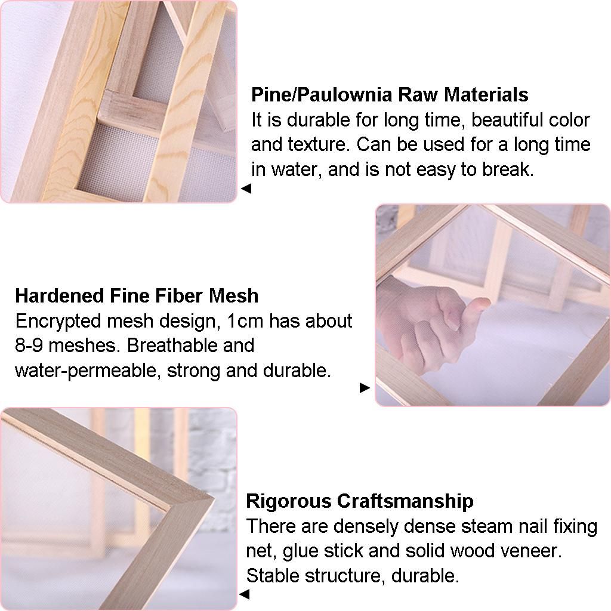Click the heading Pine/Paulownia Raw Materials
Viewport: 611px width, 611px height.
click(x=390, y=95)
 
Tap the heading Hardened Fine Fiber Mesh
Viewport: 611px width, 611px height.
click(x=137, y=296)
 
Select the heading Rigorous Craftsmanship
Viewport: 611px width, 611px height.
click(x=360, y=501)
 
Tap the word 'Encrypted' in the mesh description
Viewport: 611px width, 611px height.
click(x=58, y=322)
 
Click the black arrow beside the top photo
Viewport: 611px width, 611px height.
click(x=246, y=189)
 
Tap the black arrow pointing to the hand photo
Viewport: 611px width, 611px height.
click(x=365, y=388)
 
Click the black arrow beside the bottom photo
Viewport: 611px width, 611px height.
click(x=244, y=594)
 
